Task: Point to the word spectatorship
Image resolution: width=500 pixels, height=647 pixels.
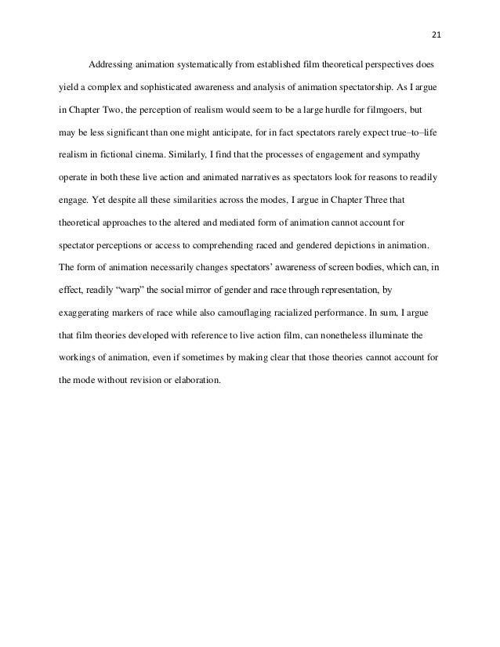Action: [x=355, y=84]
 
